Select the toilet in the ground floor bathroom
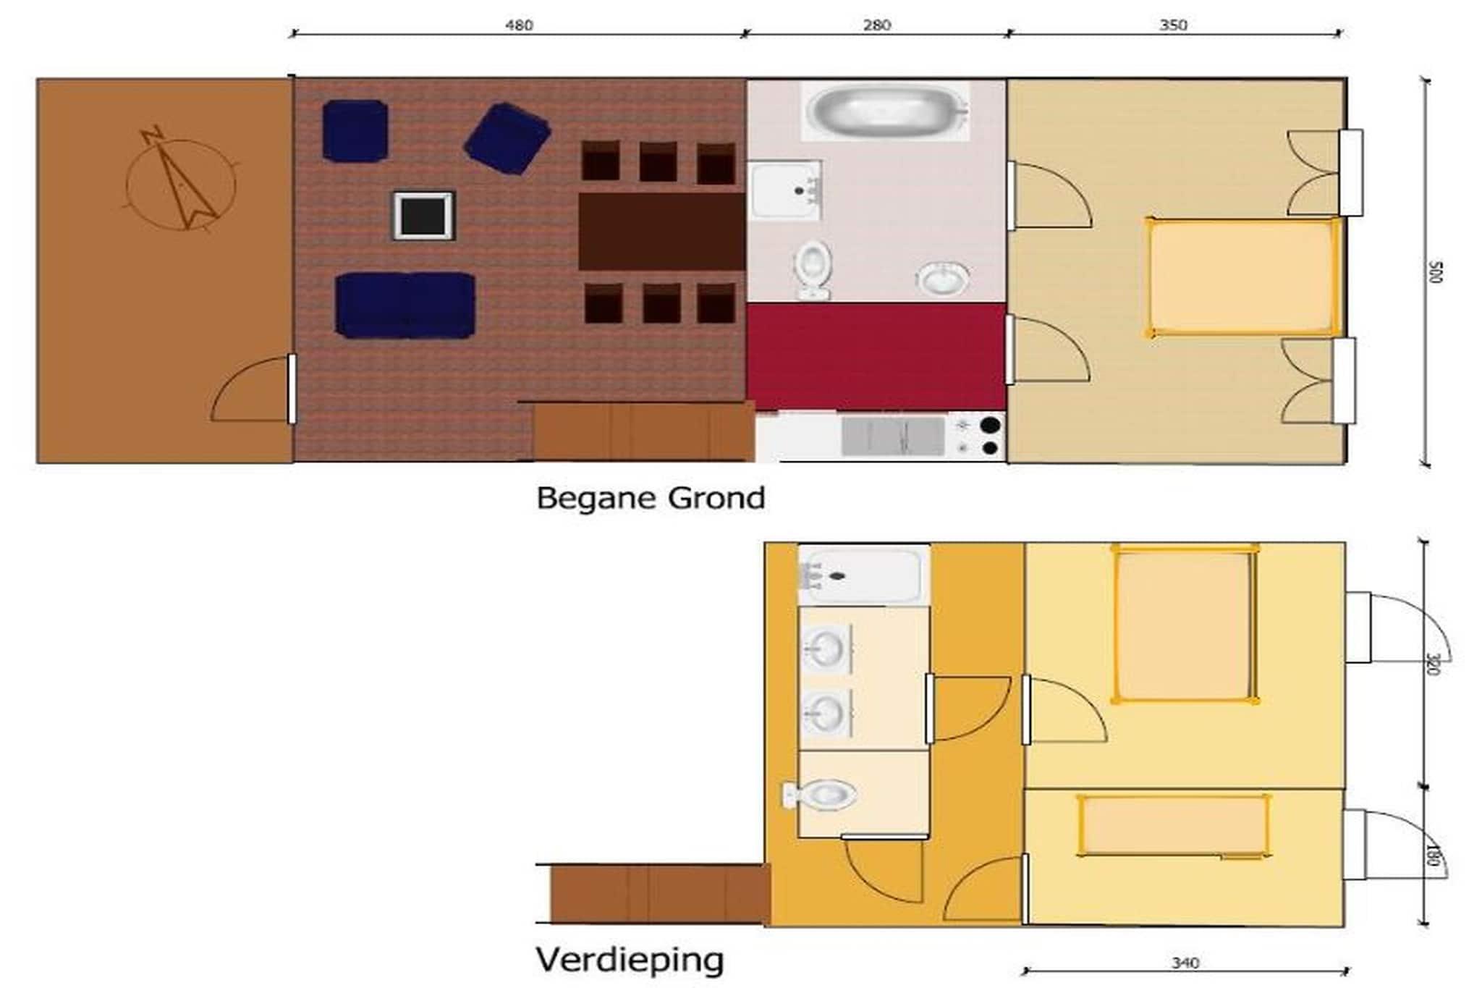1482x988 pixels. click(813, 270)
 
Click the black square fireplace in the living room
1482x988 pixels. click(423, 216)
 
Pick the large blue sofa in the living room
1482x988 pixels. click(405, 305)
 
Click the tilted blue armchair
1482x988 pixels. click(507, 138)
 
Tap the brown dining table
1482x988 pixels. click(661, 232)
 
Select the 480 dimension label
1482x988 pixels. click(519, 25)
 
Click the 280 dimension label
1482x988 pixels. click(876, 25)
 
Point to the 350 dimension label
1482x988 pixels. click(1173, 25)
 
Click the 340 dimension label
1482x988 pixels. click(1185, 963)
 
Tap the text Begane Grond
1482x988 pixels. click(651, 499)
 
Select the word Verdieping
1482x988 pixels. click(630, 960)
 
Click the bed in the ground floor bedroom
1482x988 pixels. click(1243, 277)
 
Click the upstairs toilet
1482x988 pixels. click(820, 795)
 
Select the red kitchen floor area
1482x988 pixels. click(876, 357)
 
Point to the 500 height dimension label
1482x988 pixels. click(1436, 272)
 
